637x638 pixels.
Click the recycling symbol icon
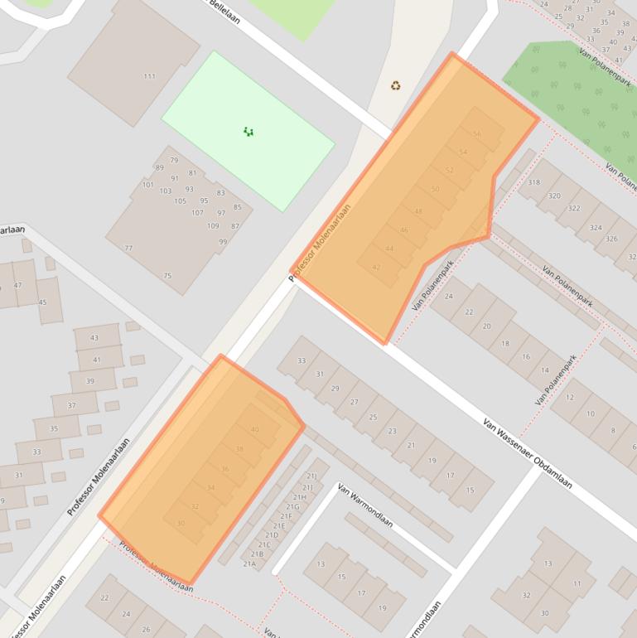click(x=396, y=85)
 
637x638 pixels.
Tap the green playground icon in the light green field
click(x=248, y=131)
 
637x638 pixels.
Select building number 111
click(x=149, y=76)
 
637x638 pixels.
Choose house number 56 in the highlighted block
click(x=476, y=134)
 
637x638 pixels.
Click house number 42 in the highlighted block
click(x=376, y=267)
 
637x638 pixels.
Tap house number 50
click(x=436, y=190)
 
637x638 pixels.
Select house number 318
click(x=533, y=182)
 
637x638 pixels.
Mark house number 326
click(x=611, y=239)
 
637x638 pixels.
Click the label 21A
click(x=249, y=563)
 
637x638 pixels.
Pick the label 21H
click(x=300, y=496)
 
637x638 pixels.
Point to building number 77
click(x=128, y=248)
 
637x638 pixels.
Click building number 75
click(x=167, y=276)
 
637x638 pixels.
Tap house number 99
click(x=223, y=242)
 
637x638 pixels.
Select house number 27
click(x=354, y=402)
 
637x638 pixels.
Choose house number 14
click(x=544, y=370)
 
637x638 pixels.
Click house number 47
click(x=18, y=285)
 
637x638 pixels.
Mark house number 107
click(x=197, y=213)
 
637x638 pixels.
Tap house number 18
click(x=505, y=343)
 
